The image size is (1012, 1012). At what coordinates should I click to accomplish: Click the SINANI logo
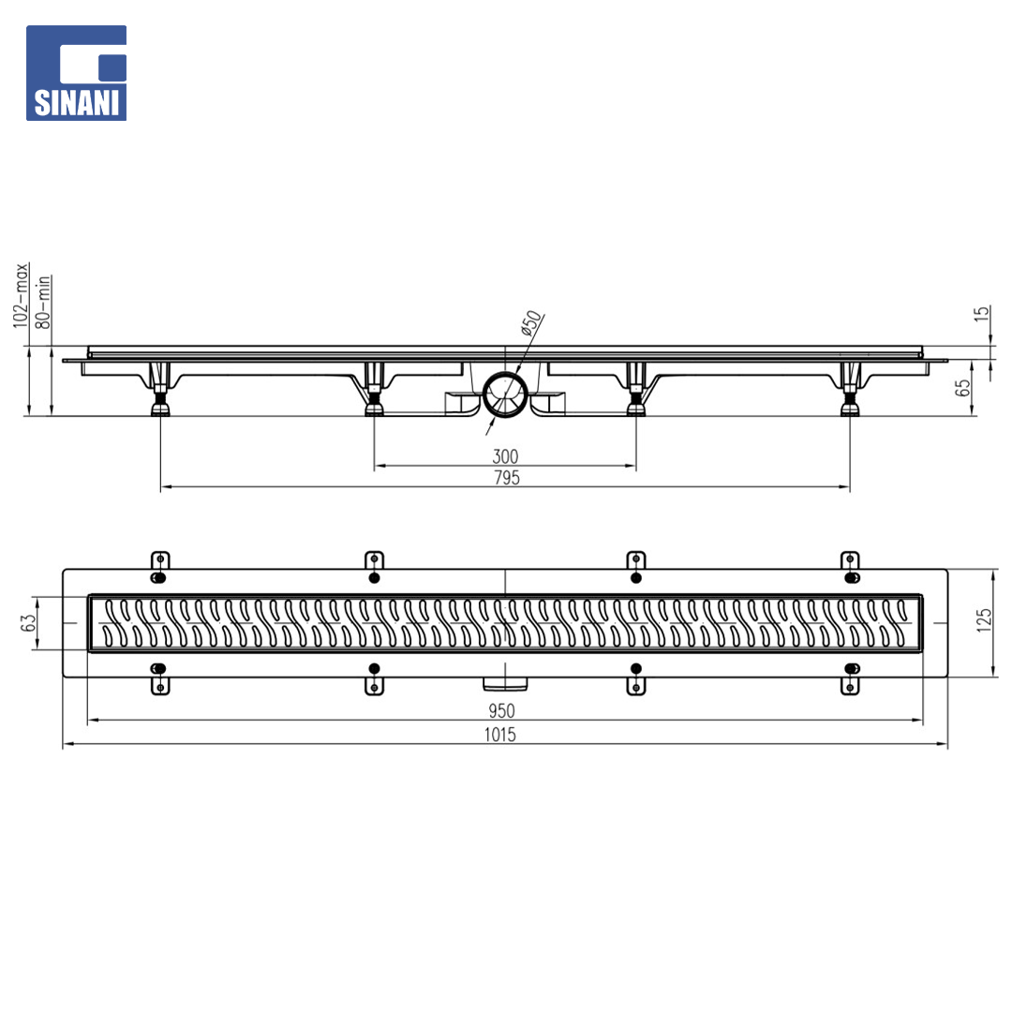coord(76,73)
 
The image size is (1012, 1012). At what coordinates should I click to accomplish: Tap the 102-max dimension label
coord(22,295)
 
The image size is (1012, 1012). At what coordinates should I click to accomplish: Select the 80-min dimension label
coord(43,302)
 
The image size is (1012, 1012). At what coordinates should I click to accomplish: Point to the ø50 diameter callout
coord(530,323)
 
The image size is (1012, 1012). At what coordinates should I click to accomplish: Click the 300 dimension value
coord(505,456)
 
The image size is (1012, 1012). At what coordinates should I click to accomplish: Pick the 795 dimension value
coord(507,478)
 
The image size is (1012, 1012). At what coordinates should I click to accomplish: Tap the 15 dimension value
coord(981,314)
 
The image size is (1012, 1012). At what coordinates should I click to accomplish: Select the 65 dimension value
coord(962,387)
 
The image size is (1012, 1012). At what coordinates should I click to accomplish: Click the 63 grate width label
coord(28,622)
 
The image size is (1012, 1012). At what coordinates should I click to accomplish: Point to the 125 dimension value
coord(984,620)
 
